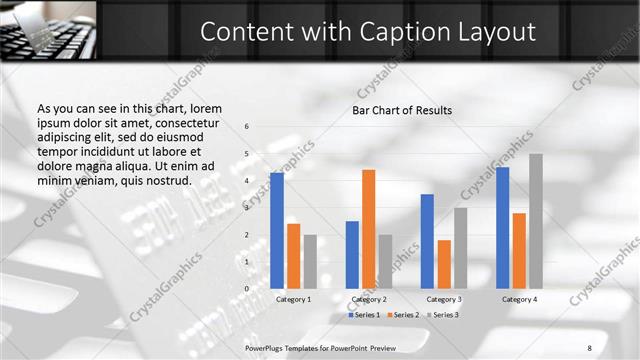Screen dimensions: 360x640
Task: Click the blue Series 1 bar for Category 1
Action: click(277, 230)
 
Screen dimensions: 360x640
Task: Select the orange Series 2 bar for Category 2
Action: click(368, 228)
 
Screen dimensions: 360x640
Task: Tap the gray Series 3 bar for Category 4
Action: click(536, 220)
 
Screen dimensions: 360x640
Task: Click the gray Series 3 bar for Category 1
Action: click(310, 261)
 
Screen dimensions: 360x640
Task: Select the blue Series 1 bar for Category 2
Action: click(352, 254)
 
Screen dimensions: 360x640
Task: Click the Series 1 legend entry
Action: click(364, 315)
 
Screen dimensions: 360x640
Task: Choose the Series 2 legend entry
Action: click(402, 315)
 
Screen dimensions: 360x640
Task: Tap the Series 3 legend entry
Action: click(442, 315)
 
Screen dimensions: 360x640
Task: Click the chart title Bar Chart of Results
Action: click(402, 110)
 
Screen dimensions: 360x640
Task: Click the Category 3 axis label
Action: click(444, 299)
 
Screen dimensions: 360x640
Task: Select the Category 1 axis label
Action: click(293, 299)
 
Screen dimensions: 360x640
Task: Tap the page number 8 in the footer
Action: click(591, 346)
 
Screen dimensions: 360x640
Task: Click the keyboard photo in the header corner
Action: click(48, 30)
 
